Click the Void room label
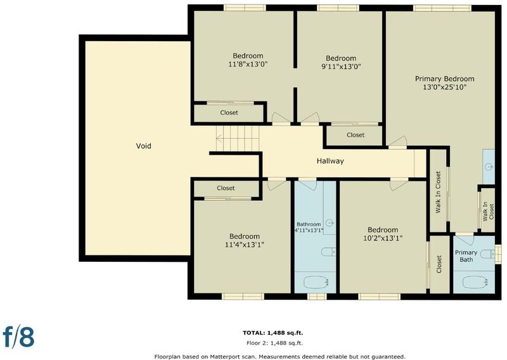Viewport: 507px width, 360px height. click(x=144, y=146)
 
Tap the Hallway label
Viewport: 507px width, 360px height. click(x=330, y=161)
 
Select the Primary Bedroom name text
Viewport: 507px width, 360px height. click(x=445, y=79)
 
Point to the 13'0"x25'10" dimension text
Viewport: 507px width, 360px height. click(x=445, y=87)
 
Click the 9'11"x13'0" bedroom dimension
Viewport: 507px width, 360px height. click(x=341, y=67)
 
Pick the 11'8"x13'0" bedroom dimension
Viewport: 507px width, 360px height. click(x=248, y=64)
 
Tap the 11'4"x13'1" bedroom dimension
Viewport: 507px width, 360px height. click(x=245, y=245)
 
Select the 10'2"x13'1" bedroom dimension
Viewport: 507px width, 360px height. click(x=383, y=238)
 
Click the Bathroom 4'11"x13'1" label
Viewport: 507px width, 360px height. click(x=309, y=227)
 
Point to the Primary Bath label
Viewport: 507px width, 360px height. click(x=466, y=256)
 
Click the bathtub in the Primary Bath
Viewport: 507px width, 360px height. click(x=475, y=282)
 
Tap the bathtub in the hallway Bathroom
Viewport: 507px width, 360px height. click(x=316, y=282)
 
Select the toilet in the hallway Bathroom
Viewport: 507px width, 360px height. click(x=329, y=252)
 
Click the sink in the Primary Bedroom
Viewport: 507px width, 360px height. click(x=489, y=167)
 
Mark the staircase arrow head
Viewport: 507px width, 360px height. click(x=219, y=139)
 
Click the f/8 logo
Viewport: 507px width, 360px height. click(x=18, y=337)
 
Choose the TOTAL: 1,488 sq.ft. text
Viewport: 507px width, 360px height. click(x=273, y=333)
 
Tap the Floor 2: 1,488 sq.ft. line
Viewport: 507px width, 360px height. click(x=274, y=343)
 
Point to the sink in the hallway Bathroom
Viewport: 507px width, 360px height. click(x=330, y=222)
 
